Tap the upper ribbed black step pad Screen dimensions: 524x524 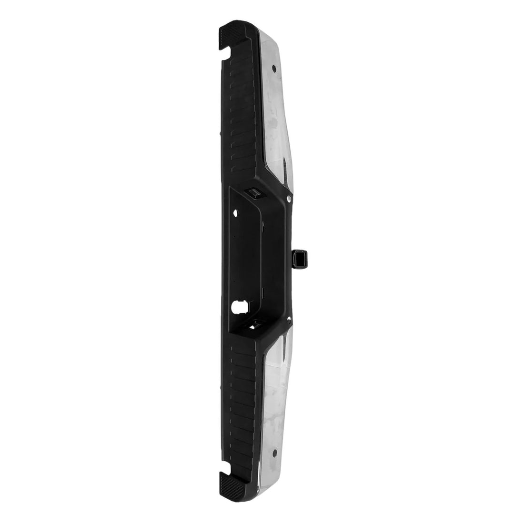coord(243,119)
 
